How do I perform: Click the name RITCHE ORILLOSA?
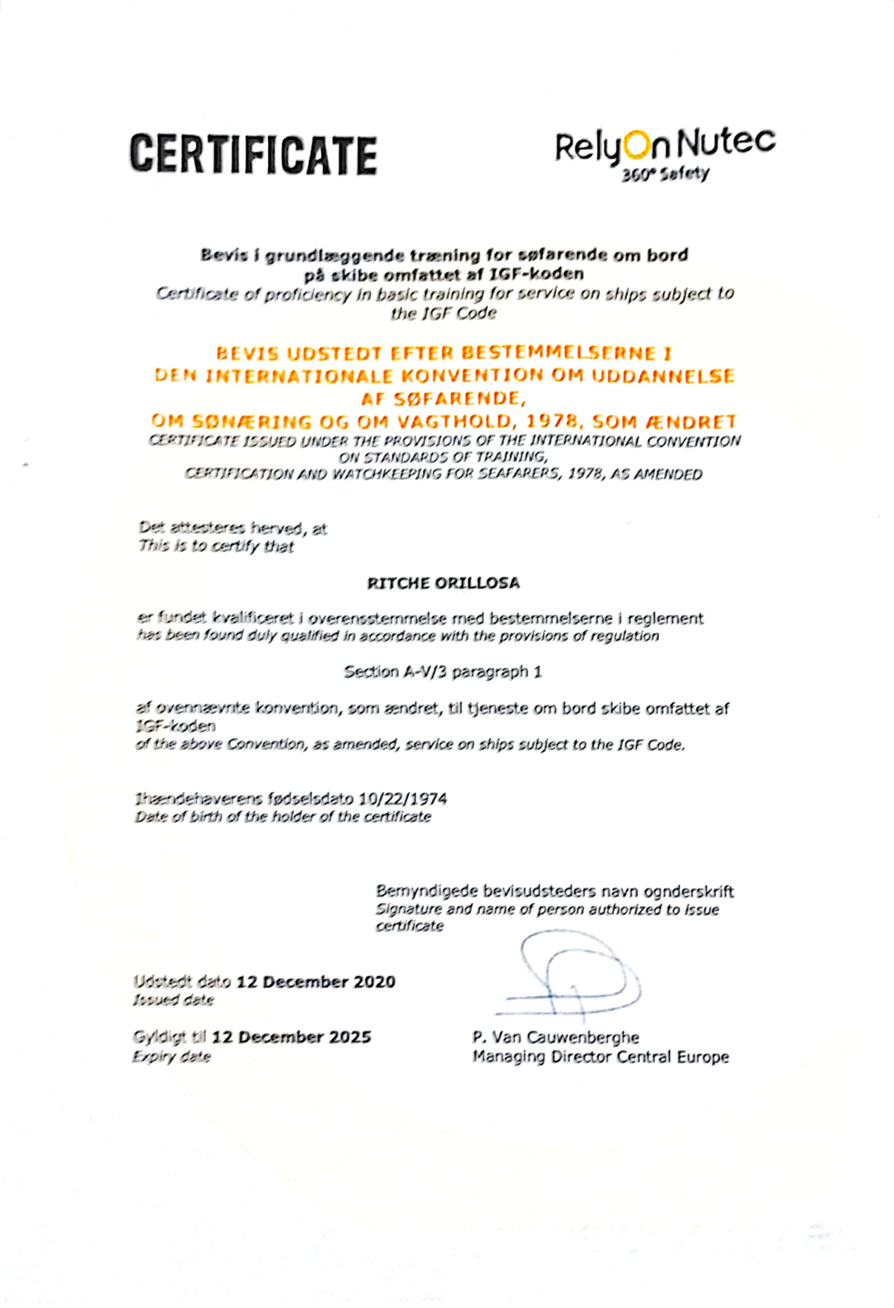pyautogui.click(x=443, y=583)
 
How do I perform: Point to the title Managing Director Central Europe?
pyautogui.click(x=600, y=1057)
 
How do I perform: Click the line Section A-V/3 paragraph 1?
pyautogui.click(x=443, y=672)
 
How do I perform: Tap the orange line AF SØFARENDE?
pyautogui.click(x=443, y=399)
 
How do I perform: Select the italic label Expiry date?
pyautogui.click(x=172, y=1057)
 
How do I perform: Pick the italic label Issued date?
pyautogui.click(x=173, y=1000)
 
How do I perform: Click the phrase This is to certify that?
pyautogui.click(x=216, y=547)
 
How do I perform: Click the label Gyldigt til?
pyautogui.click(x=170, y=1037)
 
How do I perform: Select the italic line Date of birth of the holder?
pyautogui.click(x=282, y=817)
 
